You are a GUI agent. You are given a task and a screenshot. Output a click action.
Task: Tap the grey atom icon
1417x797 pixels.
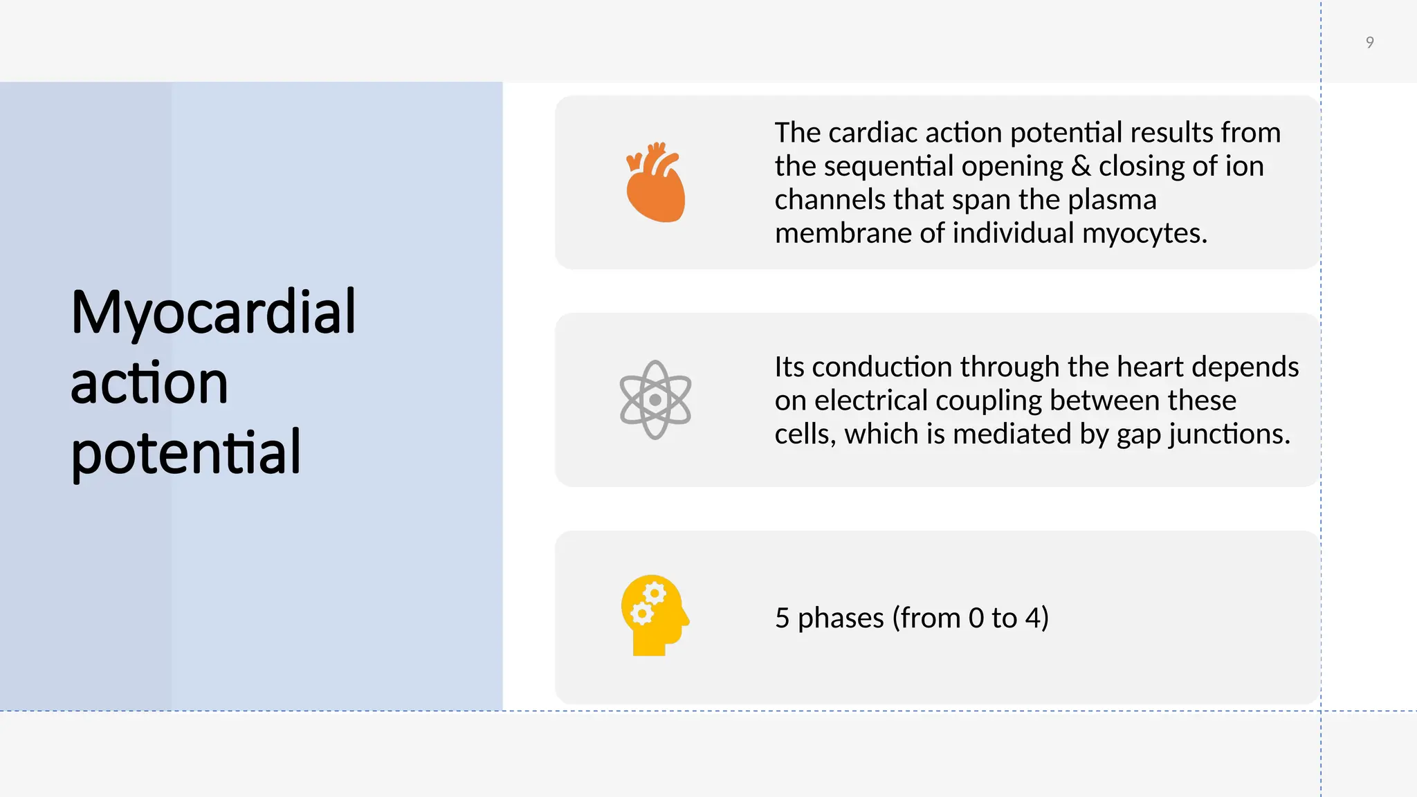[x=655, y=400]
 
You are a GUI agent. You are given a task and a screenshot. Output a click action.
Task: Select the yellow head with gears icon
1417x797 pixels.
[x=655, y=615]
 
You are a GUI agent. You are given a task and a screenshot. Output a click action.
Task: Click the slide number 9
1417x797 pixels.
[x=1369, y=43]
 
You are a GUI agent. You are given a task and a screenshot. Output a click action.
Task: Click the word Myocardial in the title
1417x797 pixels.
[x=213, y=313]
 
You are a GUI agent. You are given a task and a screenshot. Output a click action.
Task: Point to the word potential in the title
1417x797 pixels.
[x=185, y=453]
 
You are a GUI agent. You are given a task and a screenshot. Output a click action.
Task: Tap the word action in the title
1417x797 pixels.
[x=149, y=383]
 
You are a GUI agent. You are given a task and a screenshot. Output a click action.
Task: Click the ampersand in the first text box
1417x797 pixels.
[x=1081, y=166]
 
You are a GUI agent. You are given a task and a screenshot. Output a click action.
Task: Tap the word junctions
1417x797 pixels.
[x=1229, y=434]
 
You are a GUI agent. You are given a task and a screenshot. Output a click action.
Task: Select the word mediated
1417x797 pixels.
[x=1012, y=434]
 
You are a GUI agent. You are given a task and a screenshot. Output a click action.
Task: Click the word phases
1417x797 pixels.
[x=841, y=618]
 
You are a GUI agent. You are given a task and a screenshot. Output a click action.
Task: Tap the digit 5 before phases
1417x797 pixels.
[x=782, y=618]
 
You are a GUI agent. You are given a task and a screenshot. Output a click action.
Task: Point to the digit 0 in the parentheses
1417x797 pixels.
[x=976, y=618]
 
